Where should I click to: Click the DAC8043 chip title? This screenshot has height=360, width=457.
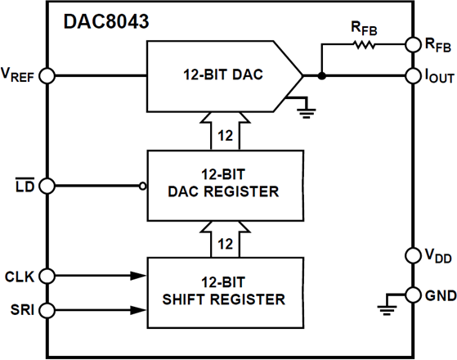coord(106,22)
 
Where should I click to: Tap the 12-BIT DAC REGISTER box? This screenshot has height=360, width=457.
coord(222,184)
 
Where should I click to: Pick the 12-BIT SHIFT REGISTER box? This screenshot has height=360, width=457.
coord(222,291)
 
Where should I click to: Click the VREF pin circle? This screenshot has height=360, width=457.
coord(47,75)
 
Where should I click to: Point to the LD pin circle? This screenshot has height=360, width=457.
coord(47,185)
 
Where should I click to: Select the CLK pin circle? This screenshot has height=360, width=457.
coord(47,277)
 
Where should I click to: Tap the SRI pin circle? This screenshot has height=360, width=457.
coord(47,309)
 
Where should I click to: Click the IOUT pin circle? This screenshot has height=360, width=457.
coord(410,75)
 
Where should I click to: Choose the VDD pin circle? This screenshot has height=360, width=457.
coord(410,256)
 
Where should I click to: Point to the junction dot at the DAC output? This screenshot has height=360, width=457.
coord(321,75)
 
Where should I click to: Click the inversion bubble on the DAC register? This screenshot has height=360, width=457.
coord(143,185)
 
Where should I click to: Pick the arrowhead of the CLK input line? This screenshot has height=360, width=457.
coord(139,277)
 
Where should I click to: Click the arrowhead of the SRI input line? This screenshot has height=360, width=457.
coord(139,309)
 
